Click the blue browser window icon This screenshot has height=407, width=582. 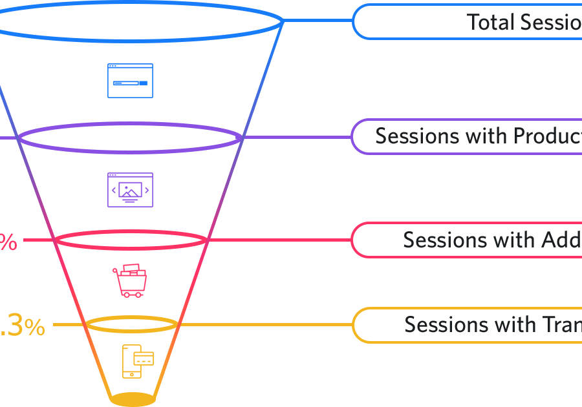pyautogui.click(x=130, y=81)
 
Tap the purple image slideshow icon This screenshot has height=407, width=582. pyautogui.click(x=130, y=190)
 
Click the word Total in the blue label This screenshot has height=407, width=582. pyautogui.click(x=490, y=22)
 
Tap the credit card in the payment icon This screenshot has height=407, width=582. pyautogui.click(x=144, y=358)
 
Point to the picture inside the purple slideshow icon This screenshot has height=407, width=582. pyautogui.click(x=131, y=190)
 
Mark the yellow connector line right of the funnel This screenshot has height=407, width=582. pyautogui.click(x=265, y=324)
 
